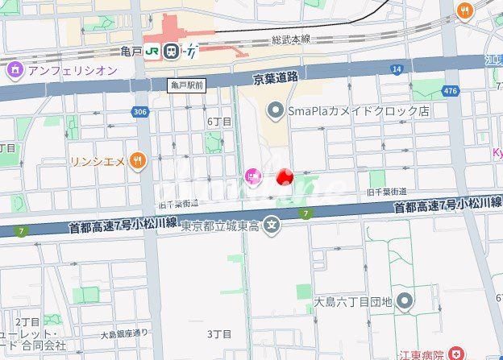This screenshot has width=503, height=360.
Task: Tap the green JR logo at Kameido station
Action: pos(152,52)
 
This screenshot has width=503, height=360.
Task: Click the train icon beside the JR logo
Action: pos(171,52)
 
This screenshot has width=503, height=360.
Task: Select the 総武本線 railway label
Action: pos(291,39)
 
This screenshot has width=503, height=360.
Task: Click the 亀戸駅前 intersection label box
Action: pos(187,84)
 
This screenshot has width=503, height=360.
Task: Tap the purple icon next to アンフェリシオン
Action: pos(15,70)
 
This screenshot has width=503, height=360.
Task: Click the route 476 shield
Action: pos(450,90)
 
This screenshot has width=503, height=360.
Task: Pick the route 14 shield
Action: pos(397,70)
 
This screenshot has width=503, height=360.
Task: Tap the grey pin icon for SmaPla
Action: pos(275,110)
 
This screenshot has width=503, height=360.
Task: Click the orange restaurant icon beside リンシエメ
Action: pos(139,161)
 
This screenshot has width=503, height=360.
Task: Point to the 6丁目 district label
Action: pos(219,122)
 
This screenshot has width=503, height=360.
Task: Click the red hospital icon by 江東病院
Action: pos(457,353)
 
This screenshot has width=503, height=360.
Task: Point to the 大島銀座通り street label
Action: pos(124,333)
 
